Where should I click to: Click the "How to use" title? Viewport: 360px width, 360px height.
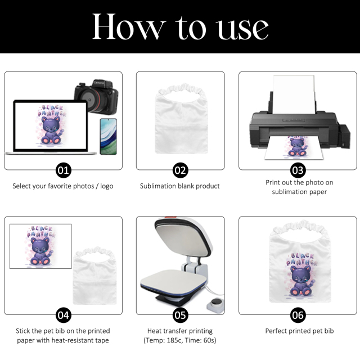180,26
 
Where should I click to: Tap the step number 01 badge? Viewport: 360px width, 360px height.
63,170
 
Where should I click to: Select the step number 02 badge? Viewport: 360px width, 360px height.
181,170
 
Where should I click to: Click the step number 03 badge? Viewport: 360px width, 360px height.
298,170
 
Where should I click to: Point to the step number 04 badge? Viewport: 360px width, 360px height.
63,314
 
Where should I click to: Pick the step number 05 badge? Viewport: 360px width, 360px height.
181,314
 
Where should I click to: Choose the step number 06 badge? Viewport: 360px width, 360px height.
298,314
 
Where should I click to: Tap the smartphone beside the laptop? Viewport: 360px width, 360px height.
107,136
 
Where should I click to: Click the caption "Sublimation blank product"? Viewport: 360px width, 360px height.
180,186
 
